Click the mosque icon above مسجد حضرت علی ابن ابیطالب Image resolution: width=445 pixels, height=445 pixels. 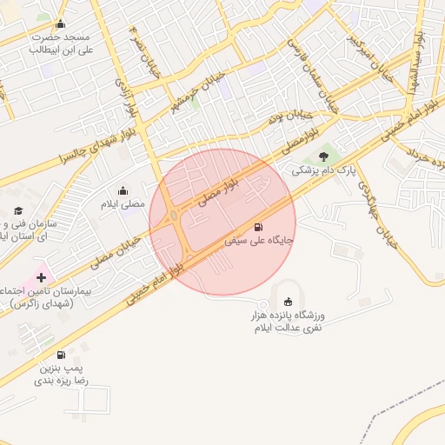point(59,24)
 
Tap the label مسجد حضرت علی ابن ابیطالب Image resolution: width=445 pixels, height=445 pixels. point(61,43)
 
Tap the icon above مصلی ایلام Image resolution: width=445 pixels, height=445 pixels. point(123,191)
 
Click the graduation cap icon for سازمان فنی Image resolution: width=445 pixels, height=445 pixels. point(18,211)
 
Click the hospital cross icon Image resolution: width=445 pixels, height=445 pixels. point(41,276)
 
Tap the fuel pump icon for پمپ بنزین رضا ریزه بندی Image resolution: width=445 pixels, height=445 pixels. point(60,355)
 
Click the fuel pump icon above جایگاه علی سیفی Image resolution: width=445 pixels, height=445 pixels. point(258,227)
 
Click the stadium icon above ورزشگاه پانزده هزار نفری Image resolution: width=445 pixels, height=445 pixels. point(289,302)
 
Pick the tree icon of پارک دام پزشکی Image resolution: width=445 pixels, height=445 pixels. point(324,156)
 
